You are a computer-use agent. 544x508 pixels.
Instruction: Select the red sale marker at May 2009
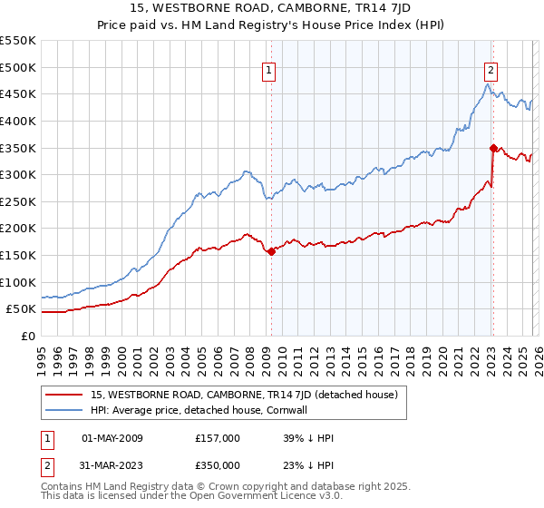(271, 251)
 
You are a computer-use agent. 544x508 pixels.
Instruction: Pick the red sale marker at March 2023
(493, 147)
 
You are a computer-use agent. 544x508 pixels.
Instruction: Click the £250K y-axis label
(18, 201)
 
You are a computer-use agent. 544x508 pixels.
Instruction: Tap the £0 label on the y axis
(27, 336)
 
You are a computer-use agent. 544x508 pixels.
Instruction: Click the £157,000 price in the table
(217, 438)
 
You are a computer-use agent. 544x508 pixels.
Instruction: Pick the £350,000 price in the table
(217, 465)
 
